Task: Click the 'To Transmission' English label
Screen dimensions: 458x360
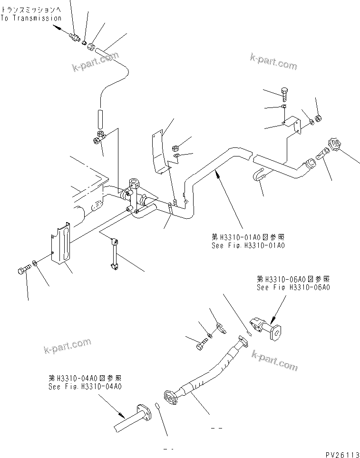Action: tap(31, 18)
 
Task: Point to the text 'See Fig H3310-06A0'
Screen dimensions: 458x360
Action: tap(293, 287)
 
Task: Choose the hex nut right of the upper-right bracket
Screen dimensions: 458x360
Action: tap(319, 117)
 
